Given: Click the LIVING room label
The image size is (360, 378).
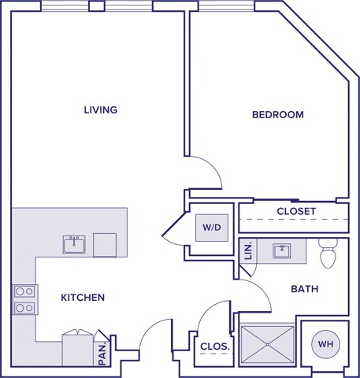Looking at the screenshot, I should pyautogui.click(x=100, y=109).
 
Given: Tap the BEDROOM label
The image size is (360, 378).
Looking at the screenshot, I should pyautogui.click(x=277, y=115).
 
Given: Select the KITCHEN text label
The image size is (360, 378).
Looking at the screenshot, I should pyautogui.click(x=83, y=297).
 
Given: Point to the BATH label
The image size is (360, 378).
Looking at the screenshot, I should pyautogui.click(x=304, y=289).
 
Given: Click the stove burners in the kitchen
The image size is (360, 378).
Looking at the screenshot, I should pyautogui.click(x=24, y=299).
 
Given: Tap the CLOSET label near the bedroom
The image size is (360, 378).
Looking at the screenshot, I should pyautogui.click(x=296, y=212).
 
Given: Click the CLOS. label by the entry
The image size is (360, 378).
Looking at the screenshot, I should pyautogui.click(x=215, y=346).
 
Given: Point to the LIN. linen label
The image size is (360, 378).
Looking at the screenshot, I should pyautogui.click(x=248, y=250).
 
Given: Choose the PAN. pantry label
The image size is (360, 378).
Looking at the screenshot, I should pyautogui.click(x=102, y=353).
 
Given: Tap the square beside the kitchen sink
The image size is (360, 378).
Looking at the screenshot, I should pyautogui.click(x=104, y=244).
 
